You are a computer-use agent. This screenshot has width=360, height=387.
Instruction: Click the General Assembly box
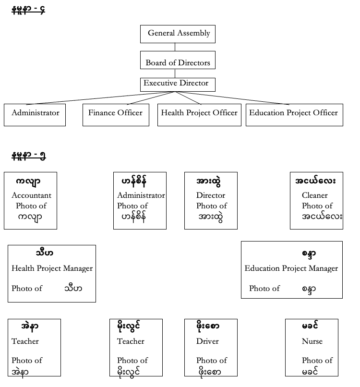point(178,34)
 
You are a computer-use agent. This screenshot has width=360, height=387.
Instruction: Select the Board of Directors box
point(178,60)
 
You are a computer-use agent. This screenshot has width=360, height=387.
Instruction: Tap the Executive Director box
point(178,85)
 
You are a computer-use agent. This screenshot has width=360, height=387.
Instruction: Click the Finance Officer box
point(116,115)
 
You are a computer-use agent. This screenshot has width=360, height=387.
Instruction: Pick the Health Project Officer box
point(199,115)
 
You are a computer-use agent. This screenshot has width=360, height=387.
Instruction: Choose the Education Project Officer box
point(294,115)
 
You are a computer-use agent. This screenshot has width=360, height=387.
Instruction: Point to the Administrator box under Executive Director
point(35,115)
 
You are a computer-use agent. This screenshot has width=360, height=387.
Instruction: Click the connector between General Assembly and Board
point(175,47)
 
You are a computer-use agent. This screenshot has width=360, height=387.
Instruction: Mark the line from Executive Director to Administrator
point(101,98)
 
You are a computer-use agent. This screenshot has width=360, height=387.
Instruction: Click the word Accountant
point(32,195)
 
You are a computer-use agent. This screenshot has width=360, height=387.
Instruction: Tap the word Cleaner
point(315,195)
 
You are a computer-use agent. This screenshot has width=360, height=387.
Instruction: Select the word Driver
point(207,341)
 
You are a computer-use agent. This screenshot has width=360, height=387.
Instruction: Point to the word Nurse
point(312,341)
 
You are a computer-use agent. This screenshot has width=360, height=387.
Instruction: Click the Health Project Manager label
point(52,268)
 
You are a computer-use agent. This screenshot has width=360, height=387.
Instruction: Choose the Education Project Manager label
point(291,268)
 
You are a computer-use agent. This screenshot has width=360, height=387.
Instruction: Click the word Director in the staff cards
point(211,195)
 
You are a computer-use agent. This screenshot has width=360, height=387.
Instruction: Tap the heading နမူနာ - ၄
point(28,10)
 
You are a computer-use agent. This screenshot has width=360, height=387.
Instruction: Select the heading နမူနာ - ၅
point(29,156)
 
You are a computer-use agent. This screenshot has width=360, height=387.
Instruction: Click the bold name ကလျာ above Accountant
point(28,181)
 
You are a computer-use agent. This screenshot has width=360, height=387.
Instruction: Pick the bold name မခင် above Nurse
point(310,326)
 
